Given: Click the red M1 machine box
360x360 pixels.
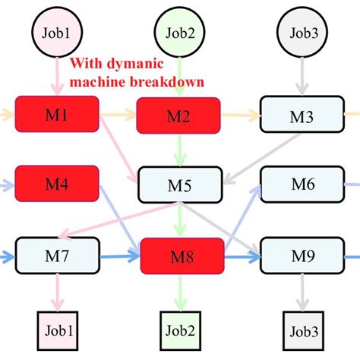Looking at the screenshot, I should (57, 115).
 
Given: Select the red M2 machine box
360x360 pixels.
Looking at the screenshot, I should (178, 115).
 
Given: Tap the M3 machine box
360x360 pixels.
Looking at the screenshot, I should (302, 115).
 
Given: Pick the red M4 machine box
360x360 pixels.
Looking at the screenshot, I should (57, 183).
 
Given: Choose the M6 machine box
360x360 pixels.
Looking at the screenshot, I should (302, 185).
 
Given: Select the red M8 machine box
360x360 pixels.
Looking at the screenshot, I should (183, 256).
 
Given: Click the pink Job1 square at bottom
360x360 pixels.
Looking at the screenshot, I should (57, 331).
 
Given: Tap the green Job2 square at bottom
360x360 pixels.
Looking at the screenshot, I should (178, 331).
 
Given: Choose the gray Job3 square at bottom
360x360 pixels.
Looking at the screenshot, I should (302, 331).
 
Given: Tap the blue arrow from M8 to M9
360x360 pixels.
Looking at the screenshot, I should (242, 256).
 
